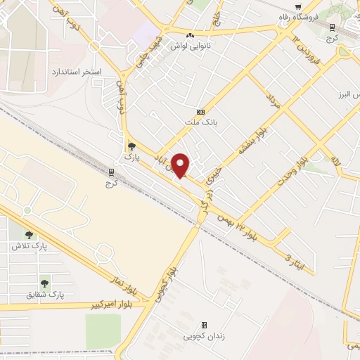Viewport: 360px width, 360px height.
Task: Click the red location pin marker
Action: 181,165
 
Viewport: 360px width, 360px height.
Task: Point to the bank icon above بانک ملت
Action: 200,112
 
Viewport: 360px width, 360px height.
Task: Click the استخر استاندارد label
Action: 77,72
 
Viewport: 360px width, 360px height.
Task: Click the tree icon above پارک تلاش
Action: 29,235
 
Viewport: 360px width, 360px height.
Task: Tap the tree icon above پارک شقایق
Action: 45,283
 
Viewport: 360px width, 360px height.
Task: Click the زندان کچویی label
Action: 202,336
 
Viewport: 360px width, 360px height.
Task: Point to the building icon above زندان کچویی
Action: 204,325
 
